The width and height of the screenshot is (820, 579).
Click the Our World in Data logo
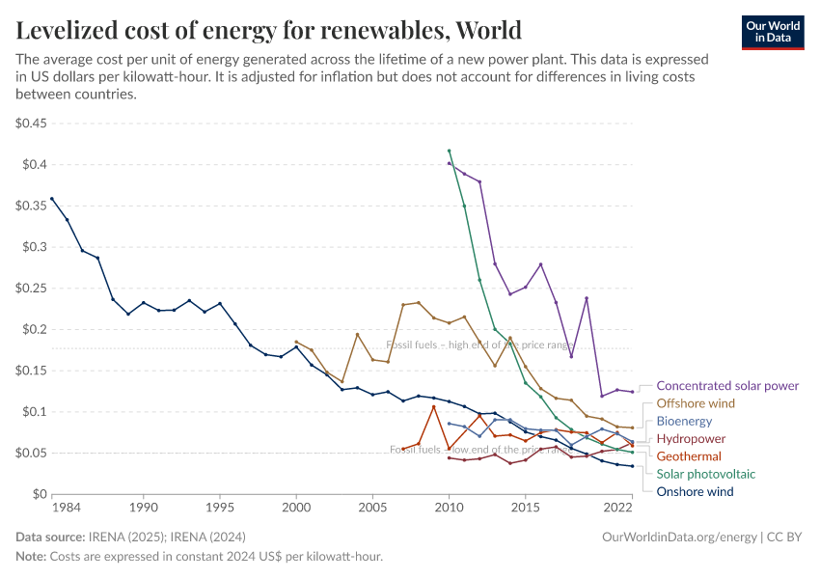(773, 32)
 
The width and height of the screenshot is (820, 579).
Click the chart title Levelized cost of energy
(269, 30)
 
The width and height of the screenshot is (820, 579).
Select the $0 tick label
(40, 494)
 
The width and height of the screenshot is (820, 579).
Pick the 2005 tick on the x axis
(372, 507)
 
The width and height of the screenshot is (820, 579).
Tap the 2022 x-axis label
(617, 507)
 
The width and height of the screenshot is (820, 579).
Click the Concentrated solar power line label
(726, 385)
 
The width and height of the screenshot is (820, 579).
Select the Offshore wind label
(695, 403)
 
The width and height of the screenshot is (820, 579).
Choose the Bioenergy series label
(684, 421)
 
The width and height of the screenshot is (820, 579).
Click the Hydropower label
(691, 438)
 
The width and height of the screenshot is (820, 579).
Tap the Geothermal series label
(689, 455)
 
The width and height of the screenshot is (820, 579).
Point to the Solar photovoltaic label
(705, 474)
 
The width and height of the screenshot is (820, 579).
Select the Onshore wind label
(695, 491)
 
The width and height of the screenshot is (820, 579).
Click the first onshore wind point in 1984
(52, 199)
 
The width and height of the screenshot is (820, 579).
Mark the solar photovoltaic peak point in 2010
(449, 151)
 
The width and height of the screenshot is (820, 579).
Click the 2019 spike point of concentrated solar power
(587, 298)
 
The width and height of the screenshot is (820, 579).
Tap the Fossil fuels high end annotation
(479, 345)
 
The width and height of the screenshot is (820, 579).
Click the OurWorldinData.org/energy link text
(679, 537)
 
